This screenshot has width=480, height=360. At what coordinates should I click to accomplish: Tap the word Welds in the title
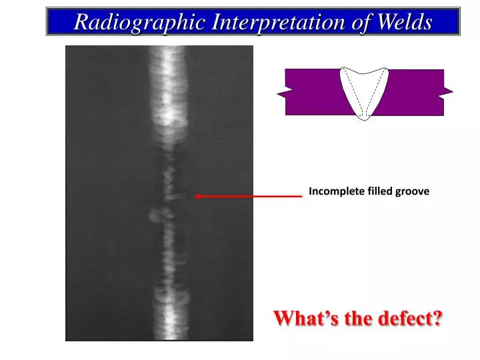coord(405,22)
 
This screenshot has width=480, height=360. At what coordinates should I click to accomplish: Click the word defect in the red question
coord(407,319)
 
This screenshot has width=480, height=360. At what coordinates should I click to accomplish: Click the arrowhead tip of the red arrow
coord(196,196)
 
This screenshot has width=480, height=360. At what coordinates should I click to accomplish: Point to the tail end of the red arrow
coord(301,196)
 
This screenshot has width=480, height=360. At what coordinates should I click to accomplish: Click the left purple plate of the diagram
coord(313,92)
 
